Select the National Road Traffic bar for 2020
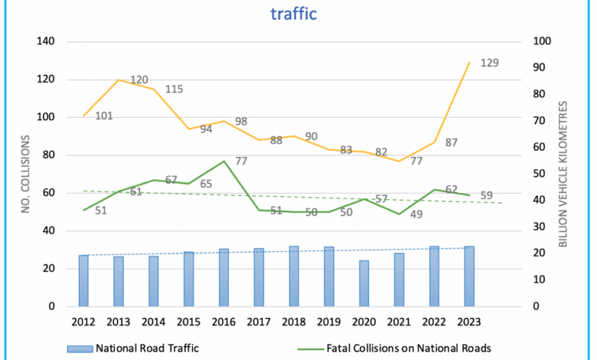(364, 283)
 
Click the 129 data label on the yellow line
(489, 63)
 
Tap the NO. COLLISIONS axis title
(25, 175)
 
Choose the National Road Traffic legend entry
(134, 349)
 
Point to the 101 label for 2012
(105, 116)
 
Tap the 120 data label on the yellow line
(139, 80)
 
